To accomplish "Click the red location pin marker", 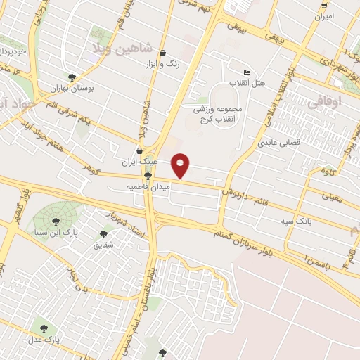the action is pyautogui.click(x=181, y=166).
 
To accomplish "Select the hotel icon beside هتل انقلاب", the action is pyautogui.click(x=246, y=73).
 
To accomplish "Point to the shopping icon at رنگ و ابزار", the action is pyautogui.click(x=163, y=53).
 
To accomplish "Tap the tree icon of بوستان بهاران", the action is pyautogui.click(x=72, y=77).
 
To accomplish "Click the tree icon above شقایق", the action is pyautogui.click(x=104, y=234).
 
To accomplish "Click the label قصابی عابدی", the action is pyautogui.click(x=281, y=141).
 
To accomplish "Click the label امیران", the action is pyautogui.click(x=324, y=15).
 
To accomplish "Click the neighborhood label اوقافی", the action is pyautogui.click(x=324, y=101).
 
